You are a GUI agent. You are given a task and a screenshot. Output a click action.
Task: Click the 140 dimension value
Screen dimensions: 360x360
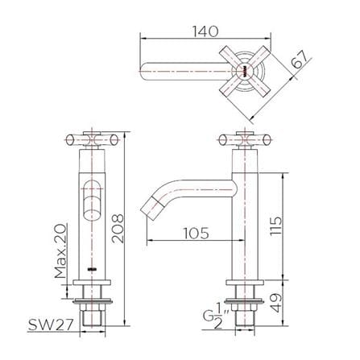coord(205,31)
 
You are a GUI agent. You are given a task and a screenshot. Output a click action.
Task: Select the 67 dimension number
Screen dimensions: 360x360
coord(299,60)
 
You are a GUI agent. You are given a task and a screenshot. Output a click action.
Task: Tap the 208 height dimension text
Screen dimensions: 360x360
coord(118,229)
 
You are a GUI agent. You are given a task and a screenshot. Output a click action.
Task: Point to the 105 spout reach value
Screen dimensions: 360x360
coord(196,233)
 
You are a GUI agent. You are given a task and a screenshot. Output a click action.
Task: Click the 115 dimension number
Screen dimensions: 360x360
coord(276,226)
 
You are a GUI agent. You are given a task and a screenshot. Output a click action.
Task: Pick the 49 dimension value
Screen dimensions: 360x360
coord(276,303)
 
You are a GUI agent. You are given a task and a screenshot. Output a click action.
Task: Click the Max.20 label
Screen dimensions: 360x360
coord(60,251)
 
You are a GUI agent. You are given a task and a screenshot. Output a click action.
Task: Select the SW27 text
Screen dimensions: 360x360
coord(51,325)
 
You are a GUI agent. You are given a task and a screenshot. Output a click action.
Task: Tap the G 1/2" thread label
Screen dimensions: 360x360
coord(213,317)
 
